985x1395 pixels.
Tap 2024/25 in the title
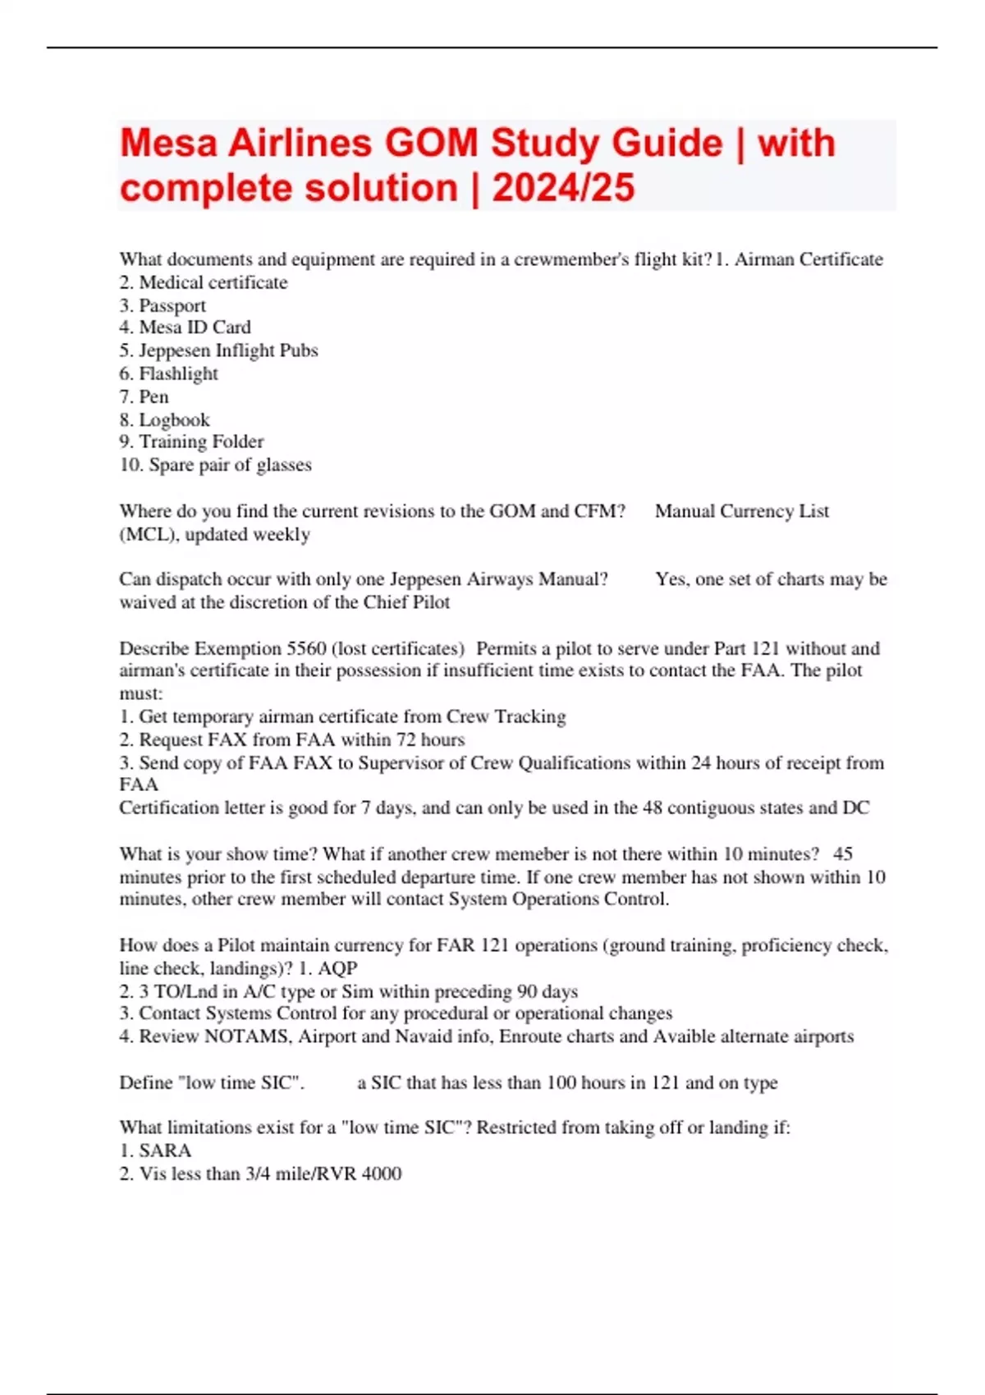pos(563,188)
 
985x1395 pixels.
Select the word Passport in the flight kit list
pos(172,305)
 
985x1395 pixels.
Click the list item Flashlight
pos(178,373)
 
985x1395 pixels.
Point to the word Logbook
pos(174,419)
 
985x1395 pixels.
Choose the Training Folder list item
pos(201,441)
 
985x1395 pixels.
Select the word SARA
pos(165,1150)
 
